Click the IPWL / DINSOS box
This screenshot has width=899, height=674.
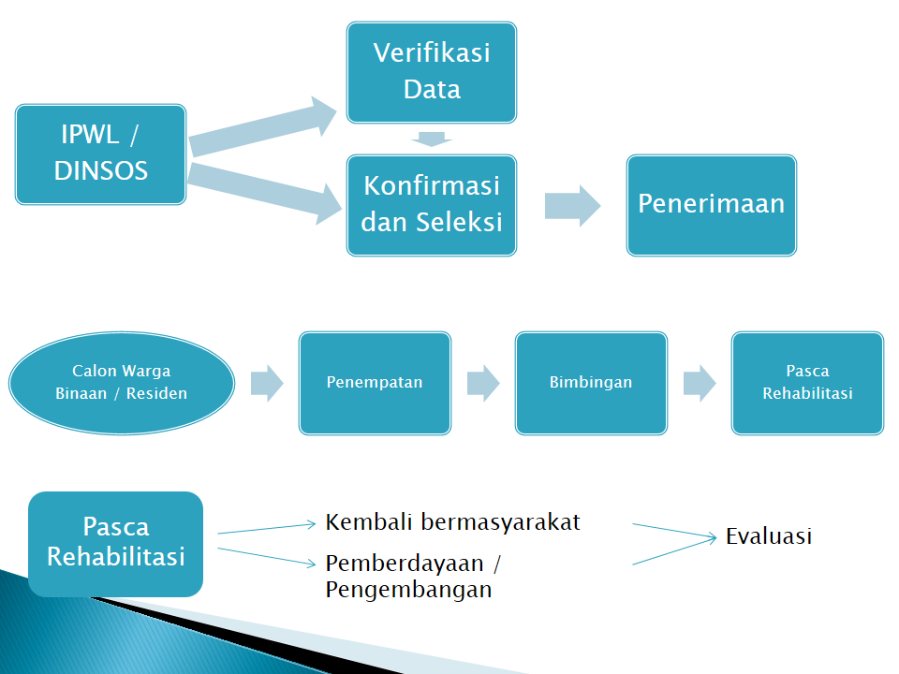(100, 154)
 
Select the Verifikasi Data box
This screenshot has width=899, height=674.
(432, 72)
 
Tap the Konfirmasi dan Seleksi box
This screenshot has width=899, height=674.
(432, 205)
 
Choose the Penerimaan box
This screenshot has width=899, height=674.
(712, 205)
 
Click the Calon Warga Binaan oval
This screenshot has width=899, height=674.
(122, 383)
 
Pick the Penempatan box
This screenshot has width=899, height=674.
(375, 383)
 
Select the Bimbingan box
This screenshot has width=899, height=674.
(591, 383)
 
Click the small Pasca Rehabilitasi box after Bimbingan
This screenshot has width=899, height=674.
(808, 383)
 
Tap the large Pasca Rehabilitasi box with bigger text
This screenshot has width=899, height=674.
(116, 544)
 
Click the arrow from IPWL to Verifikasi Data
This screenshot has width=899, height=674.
(262, 126)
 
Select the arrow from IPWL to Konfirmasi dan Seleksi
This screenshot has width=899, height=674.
(265, 193)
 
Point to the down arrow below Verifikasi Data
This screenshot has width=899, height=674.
(432, 139)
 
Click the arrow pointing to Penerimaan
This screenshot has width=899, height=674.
(572, 206)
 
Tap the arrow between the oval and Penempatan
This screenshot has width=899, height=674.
(267, 383)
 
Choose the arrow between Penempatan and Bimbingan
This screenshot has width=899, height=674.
(483, 383)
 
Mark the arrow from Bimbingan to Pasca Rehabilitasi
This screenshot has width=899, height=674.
(700, 383)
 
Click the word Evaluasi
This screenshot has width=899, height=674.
(769, 536)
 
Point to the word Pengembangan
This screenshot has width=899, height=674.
(409, 590)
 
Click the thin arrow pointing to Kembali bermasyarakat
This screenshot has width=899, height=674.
(267, 528)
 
